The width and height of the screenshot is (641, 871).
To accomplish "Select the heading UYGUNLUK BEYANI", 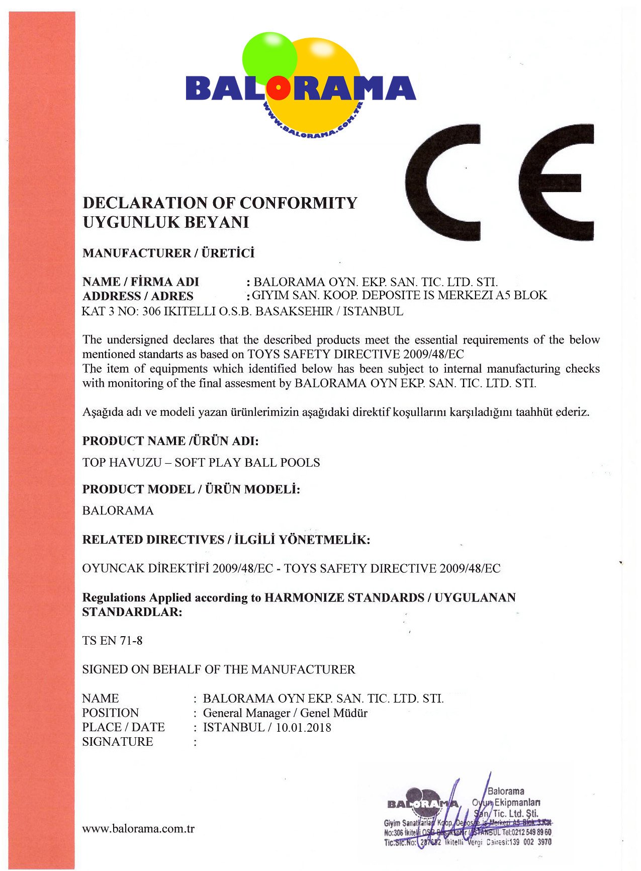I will coord(166,222).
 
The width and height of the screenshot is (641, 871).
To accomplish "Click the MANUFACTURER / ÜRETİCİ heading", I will coord(168,253).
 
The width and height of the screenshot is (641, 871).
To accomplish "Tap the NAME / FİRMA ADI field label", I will coord(141,282).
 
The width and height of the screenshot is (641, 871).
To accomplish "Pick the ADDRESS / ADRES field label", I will coord(138,296).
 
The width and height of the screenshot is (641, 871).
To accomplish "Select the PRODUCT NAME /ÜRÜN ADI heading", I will coord(170,441).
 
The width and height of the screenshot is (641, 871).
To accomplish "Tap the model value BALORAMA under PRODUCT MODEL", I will coord(118,511).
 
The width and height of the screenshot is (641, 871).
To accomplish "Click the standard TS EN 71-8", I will coord(113,641).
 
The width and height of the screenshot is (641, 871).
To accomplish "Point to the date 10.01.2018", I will coord(304,728).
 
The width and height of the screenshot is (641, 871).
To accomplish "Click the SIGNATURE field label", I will coord(118,742).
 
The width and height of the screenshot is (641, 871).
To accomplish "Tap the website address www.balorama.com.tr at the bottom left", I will coord(138,829).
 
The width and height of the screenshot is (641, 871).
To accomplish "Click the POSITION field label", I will coord(111,713).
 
